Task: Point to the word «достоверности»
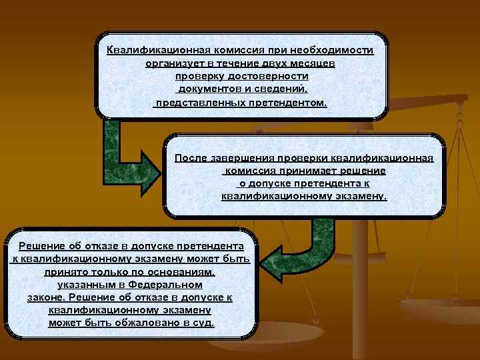(261, 77)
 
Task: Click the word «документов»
(207, 90)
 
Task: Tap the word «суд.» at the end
(203, 323)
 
